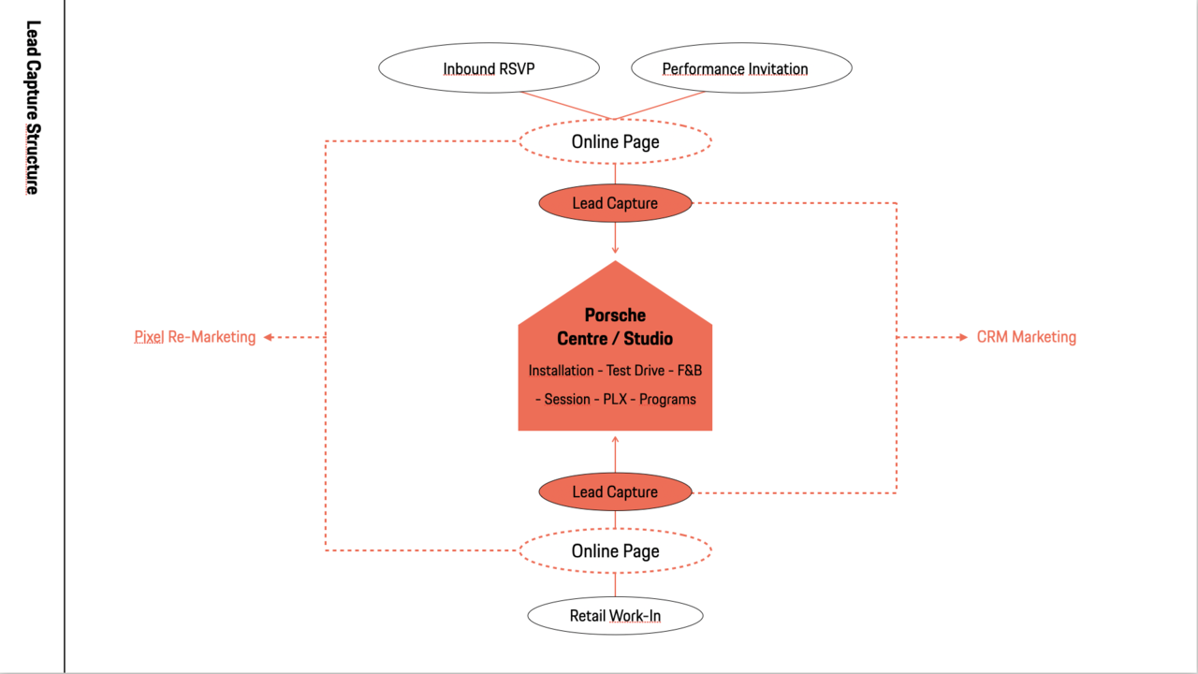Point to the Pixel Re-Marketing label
(x=195, y=337)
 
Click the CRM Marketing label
(x=1027, y=337)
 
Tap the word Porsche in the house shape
(x=615, y=315)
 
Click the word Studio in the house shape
(x=649, y=339)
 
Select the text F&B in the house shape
(x=690, y=370)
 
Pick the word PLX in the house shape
(x=615, y=399)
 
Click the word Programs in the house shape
(x=667, y=400)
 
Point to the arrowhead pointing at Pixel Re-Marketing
(x=269, y=337)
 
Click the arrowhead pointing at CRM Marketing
(x=963, y=337)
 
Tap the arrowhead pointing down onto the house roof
(x=615, y=250)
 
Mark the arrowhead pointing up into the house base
(x=615, y=440)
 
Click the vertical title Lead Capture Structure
(x=33, y=108)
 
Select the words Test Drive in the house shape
(x=636, y=370)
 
